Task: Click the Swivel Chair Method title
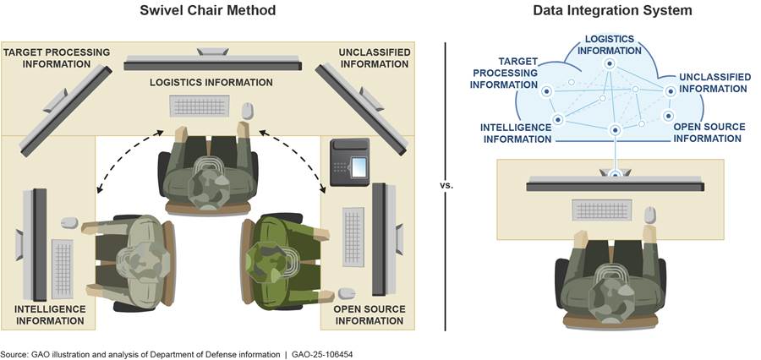click(x=210, y=11)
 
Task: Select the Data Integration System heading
click(x=613, y=11)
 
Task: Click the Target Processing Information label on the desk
click(x=56, y=57)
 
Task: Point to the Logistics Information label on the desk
click(x=211, y=82)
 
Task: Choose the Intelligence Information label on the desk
click(x=50, y=315)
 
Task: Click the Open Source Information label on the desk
click(x=369, y=315)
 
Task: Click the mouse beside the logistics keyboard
click(x=247, y=110)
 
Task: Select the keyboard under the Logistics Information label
click(x=199, y=106)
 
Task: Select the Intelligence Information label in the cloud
click(x=517, y=133)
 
